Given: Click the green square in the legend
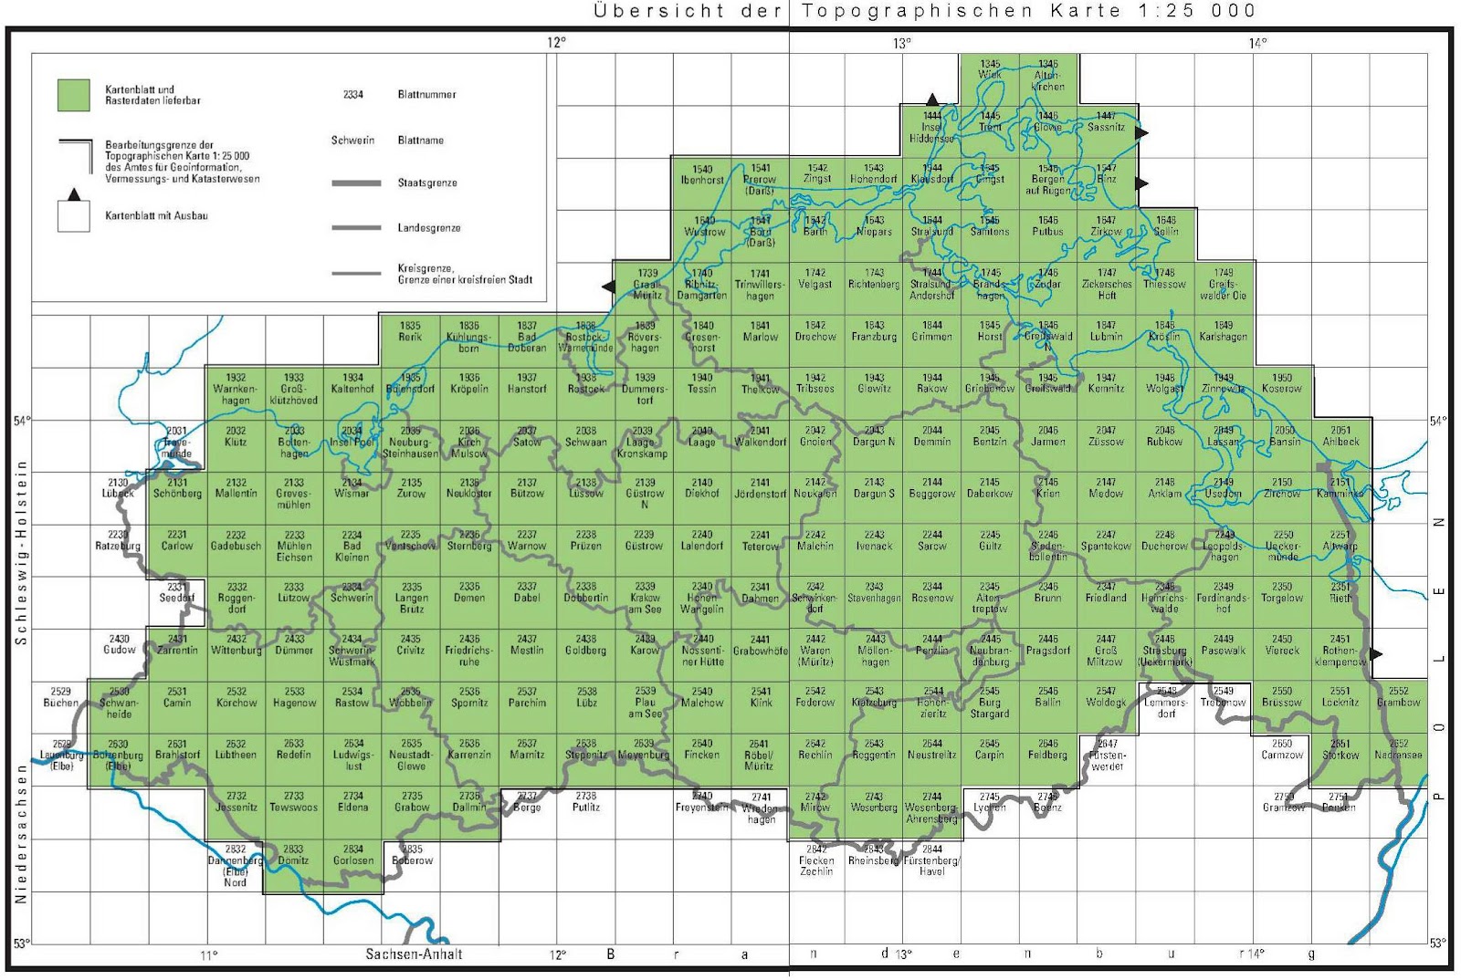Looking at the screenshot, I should (x=74, y=95).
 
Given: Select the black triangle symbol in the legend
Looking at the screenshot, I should (x=74, y=194).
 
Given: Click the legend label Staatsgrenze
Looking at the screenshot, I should (x=427, y=183).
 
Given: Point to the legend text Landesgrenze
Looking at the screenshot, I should (x=428, y=228).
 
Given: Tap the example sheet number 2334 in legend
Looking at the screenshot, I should (x=353, y=95).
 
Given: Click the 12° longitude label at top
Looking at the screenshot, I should (x=557, y=42).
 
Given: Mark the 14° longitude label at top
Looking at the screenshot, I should (x=1257, y=43).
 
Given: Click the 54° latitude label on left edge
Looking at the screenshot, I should (x=20, y=421).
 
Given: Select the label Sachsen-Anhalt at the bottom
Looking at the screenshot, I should (x=414, y=954).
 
